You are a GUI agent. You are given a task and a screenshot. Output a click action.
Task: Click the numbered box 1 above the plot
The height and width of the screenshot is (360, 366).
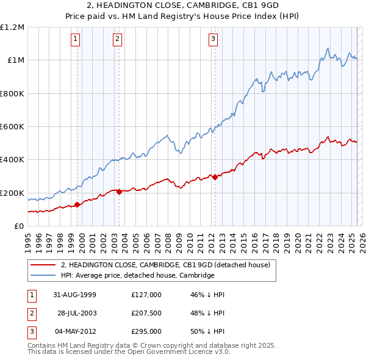click(x=75, y=39)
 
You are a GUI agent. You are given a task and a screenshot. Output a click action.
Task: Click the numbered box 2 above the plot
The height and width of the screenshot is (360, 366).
click(x=117, y=39)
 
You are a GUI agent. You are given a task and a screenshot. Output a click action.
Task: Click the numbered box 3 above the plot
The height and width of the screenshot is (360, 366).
click(x=213, y=39)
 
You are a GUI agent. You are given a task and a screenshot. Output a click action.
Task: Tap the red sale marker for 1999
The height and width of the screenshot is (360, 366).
click(x=77, y=205)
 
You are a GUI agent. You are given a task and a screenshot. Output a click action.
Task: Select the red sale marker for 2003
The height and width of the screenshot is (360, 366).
click(x=119, y=192)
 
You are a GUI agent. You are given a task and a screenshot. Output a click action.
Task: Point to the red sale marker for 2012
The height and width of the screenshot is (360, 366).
click(x=215, y=177)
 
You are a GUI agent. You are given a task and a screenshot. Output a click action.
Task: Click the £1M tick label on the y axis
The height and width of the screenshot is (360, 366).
click(x=15, y=60)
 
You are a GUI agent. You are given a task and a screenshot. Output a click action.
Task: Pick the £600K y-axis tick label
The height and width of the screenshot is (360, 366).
click(x=12, y=127)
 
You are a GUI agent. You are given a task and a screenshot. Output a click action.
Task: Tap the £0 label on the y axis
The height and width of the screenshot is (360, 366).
click(x=18, y=226)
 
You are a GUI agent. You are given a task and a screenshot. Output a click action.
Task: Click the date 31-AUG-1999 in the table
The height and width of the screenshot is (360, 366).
click(x=75, y=295)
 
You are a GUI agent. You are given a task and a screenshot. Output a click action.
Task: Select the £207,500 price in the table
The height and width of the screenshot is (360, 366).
click(x=146, y=313)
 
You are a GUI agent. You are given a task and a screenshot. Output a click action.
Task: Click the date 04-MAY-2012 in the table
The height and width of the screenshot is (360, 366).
click(x=75, y=331)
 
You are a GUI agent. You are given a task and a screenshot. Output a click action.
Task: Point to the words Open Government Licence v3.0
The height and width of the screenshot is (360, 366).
click(x=179, y=352)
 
